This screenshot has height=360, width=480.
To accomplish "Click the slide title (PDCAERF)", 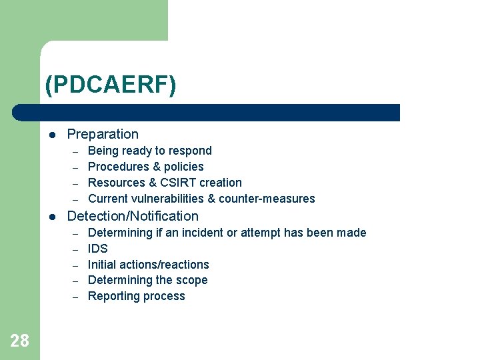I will pyautogui.click(x=111, y=85).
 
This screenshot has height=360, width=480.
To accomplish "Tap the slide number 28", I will pyautogui.click(x=19, y=341).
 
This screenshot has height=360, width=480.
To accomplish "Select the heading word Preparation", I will pyautogui.click(x=103, y=134).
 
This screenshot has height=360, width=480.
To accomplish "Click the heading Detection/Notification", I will pyautogui.click(x=133, y=216).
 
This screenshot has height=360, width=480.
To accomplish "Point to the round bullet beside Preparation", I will pyautogui.click(x=53, y=135).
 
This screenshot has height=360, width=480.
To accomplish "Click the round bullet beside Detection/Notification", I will pyautogui.click(x=53, y=217).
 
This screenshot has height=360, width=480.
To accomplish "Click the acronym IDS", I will pyautogui.click(x=97, y=249).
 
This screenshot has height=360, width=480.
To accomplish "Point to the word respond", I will pyautogui.click(x=190, y=151).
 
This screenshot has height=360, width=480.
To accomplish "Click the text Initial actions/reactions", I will pyautogui.click(x=148, y=265).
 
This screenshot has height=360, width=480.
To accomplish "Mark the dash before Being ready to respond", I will pyautogui.click(x=76, y=151).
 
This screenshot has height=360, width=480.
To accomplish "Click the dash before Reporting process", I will pyautogui.click(x=76, y=297).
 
